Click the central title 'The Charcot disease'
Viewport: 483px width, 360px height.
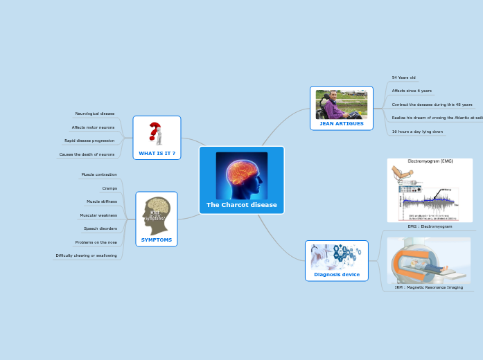click(241, 205)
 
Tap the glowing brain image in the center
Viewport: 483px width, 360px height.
click(241, 175)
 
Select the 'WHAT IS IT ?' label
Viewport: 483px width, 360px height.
click(157, 153)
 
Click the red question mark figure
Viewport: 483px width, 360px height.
click(156, 133)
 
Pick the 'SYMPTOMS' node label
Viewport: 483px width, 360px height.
click(157, 240)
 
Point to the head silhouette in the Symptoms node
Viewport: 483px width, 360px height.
click(156, 214)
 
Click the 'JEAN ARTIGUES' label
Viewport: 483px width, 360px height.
click(341, 123)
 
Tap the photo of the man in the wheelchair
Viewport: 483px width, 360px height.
click(341, 104)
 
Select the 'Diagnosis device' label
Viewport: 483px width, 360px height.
click(337, 274)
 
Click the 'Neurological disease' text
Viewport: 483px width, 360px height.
click(95, 114)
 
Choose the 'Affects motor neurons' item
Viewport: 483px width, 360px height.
click(93, 127)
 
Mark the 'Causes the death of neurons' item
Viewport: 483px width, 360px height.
click(87, 154)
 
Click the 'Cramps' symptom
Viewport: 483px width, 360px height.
click(109, 188)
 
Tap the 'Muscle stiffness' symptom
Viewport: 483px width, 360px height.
click(102, 201)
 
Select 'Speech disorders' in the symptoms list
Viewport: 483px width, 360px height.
click(100, 228)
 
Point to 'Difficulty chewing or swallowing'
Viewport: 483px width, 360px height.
click(86, 255)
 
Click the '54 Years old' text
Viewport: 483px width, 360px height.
click(403, 78)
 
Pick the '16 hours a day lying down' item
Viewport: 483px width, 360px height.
click(417, 132)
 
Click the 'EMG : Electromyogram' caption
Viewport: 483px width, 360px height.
click(430, 226)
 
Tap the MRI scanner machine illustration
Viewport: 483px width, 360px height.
click(428, 260)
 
